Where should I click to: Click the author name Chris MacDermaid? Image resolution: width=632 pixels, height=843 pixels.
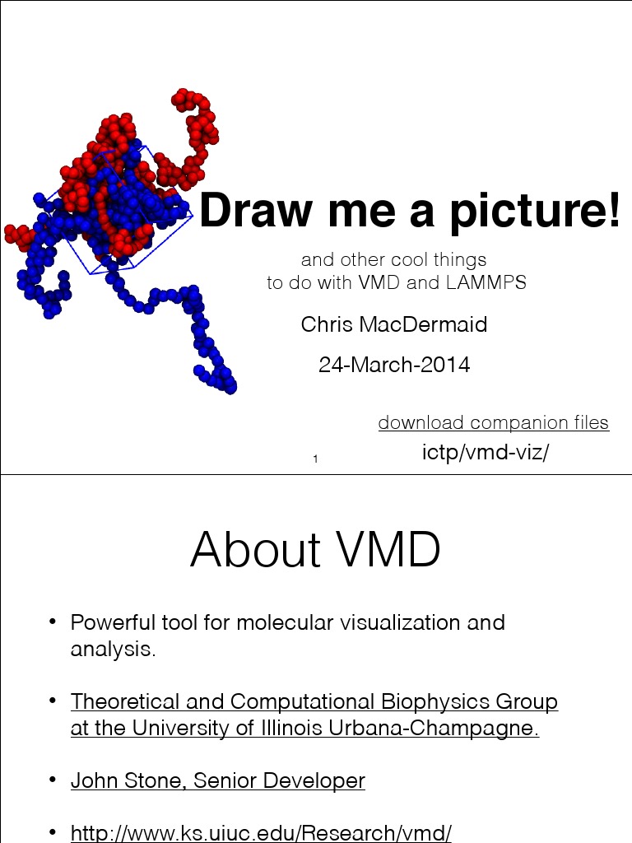click(394, 324)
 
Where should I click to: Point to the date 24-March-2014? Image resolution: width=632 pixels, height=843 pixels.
click(394, 364)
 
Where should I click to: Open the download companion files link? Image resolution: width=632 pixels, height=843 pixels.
click(493, 423)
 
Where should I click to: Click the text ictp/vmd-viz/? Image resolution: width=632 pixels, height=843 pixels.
click(485, 452)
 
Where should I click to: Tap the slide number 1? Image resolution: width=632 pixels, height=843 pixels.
click(316, 459)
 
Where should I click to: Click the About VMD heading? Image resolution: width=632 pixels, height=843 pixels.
click(315, 550)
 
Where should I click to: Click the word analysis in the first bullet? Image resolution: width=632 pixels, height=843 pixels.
click(111, 650)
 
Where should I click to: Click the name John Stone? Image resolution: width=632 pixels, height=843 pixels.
click(124, 780)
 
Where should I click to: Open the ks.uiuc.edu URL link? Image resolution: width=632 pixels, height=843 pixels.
click(261, 832)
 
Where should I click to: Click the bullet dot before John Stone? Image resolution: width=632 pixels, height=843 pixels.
click(53, 779)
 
